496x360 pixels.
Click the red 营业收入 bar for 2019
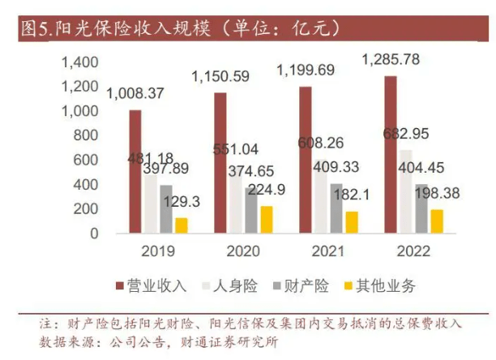pyautogui.click(x=135, y=171)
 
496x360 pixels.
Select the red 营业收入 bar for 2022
pyautogui.click(x=391, y=154)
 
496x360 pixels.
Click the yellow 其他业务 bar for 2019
pyautogui.click(x=181, y=225)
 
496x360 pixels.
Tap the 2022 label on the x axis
pyautogui.click(x=413, y=252)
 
